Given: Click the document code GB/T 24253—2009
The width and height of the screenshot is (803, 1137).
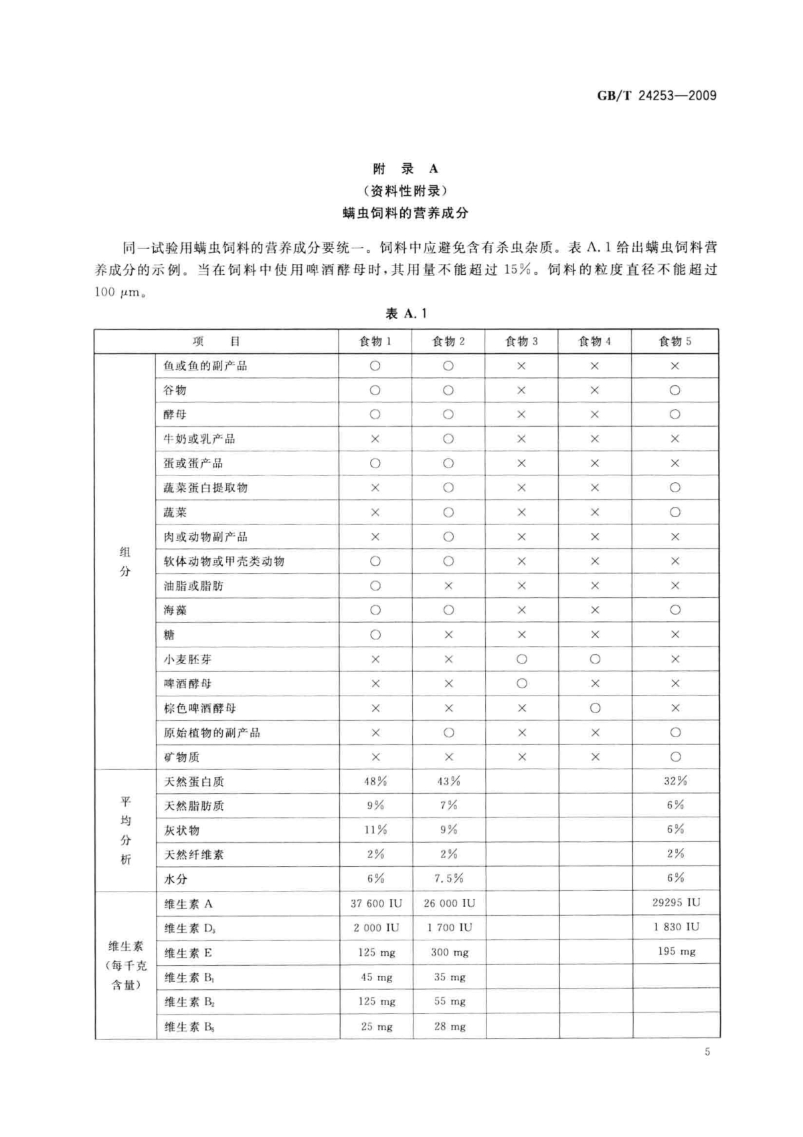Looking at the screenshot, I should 656,96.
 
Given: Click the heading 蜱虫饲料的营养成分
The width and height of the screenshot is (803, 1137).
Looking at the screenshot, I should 405,213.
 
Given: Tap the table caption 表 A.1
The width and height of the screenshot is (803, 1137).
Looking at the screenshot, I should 406,313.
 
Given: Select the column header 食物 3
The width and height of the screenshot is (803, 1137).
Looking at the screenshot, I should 521,342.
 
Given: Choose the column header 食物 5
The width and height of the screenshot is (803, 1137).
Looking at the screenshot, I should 675,342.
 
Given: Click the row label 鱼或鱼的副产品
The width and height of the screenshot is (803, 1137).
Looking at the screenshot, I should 205,366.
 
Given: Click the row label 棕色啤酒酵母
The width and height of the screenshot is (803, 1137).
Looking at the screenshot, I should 199,708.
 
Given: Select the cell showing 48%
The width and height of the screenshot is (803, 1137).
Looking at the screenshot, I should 375,781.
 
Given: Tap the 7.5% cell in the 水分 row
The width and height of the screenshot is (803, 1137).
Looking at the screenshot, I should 448,878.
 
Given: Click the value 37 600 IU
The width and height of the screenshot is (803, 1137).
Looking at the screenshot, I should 376,904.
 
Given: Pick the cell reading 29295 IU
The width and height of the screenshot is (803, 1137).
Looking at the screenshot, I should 676,903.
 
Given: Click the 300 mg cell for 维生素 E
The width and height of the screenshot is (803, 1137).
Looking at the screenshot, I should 449,952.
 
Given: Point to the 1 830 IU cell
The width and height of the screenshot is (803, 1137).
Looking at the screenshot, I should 676,927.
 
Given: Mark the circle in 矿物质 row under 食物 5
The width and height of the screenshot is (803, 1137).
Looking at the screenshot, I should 675,757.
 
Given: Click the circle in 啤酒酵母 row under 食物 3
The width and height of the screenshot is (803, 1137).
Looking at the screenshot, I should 522,684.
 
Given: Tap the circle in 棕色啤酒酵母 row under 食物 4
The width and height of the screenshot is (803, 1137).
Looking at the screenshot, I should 595,708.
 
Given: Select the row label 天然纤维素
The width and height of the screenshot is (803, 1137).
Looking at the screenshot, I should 194,855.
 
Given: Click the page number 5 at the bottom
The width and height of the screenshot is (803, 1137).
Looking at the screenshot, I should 707,1052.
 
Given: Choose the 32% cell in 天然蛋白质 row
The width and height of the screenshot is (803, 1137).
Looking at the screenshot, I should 675,781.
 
